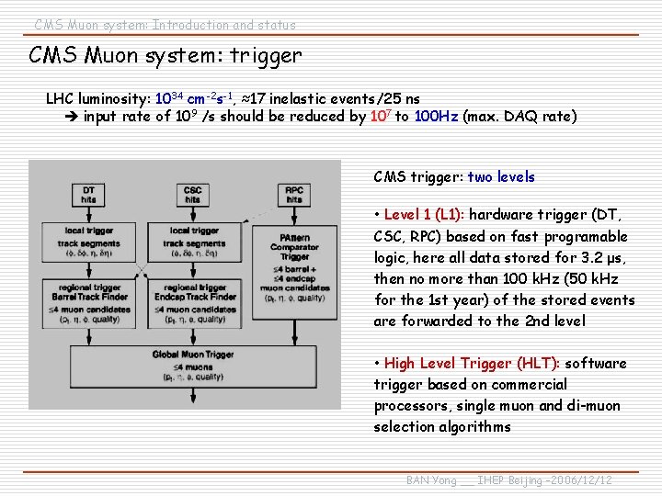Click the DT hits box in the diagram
(x=89, y=194)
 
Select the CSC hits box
(x=192, y=194)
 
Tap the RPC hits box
(x=294, y=194)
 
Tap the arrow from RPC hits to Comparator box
(x=294, y=216)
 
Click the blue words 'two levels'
(x=501, y=176)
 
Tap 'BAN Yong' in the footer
(x=431, y=480)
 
